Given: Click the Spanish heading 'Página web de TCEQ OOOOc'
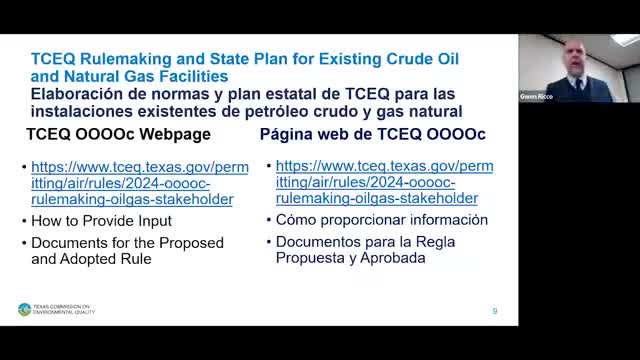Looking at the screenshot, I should click(372, 134).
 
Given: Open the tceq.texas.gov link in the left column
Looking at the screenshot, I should click(139, 184).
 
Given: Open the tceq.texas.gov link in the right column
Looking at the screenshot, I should click(384, 184).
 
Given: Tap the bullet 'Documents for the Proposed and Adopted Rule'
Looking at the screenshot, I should click(127, 250).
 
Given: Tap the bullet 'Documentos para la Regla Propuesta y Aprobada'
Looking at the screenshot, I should click(357, 250).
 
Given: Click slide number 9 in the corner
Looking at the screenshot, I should click(494, 311).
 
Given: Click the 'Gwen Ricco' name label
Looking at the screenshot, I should click(536, 97).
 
